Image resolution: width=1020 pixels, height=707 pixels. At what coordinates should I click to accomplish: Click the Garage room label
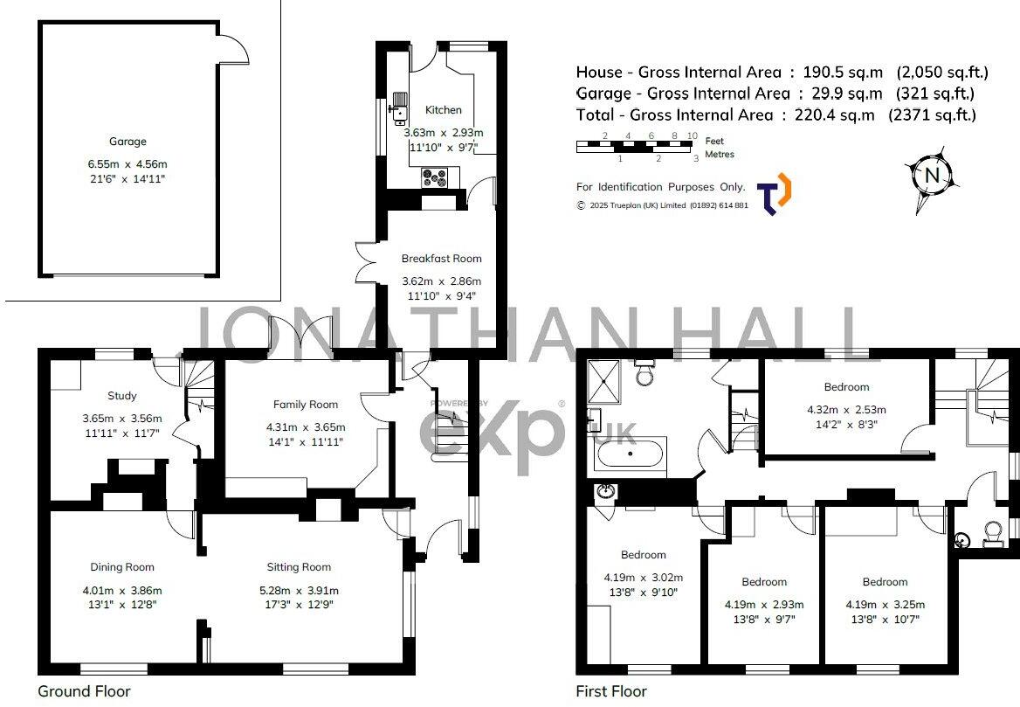127,141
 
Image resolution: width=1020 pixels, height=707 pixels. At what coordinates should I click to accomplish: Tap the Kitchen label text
443,110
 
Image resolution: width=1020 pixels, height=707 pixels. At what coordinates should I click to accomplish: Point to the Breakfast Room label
441,259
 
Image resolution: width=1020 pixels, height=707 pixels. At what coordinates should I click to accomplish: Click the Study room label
122,396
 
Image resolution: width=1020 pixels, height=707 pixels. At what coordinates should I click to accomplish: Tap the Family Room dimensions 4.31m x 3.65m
305,427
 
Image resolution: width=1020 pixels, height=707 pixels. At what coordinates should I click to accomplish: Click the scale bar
637,147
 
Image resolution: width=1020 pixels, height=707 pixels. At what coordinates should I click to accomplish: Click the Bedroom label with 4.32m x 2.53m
846,387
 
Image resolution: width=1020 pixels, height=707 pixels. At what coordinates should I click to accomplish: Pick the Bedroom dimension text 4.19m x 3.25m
885,604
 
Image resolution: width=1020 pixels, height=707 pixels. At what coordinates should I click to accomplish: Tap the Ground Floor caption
84,691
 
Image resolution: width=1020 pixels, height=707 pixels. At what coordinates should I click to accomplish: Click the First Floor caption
611,691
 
